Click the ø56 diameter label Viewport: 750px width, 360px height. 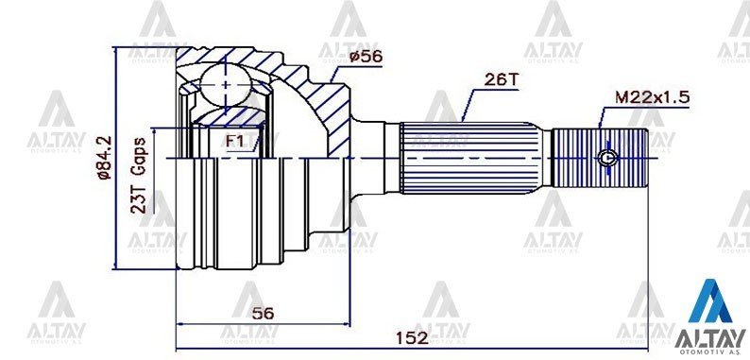pos(366,57)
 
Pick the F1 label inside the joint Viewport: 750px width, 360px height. pos(235,142)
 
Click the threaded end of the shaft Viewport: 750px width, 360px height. pos(600,158)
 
